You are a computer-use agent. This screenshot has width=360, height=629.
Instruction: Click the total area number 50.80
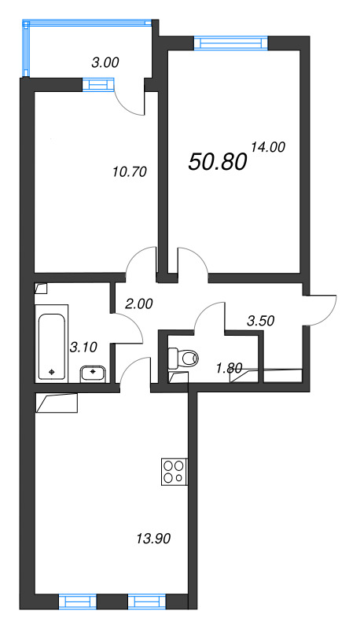pos(218,161)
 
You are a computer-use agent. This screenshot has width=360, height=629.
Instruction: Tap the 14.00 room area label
pos(267,146)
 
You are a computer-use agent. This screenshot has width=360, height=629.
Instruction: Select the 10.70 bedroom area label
pos(130,170)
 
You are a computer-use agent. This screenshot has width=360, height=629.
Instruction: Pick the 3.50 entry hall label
pos(262,321)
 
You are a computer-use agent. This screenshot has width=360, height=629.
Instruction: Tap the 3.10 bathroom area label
pos(83,346)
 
